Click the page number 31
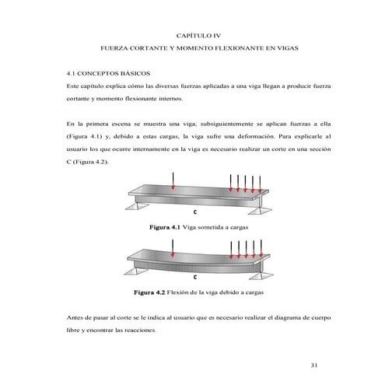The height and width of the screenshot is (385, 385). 314,365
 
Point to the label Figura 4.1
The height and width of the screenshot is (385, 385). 164,229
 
